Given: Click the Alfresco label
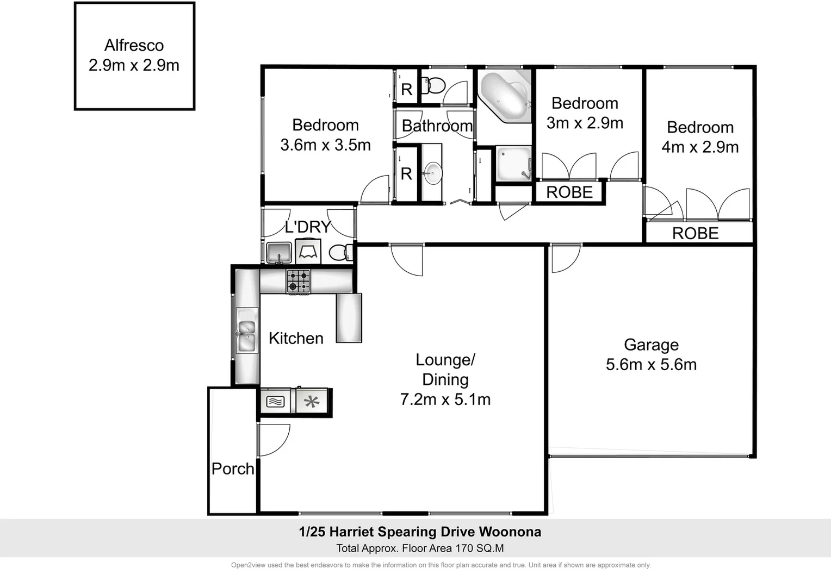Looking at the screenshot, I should [x=134, y=46].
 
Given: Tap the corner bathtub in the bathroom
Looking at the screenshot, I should [x=504, y=96].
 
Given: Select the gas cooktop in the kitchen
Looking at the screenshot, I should [x=298, y=282].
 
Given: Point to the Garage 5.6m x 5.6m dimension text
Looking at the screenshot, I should [x=651, y=365].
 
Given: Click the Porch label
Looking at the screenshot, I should [x=233, y=469].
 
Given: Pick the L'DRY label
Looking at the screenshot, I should [x=308, y=227].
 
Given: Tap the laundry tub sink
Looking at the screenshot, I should [x=278, y=253].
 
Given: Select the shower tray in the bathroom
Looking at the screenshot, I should [x=513, y=163].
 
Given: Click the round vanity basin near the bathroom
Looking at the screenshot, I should [x=433, y=173].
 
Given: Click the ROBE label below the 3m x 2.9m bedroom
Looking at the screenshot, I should [x=569, y=192].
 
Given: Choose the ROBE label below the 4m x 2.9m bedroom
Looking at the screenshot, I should [x=695, y=233].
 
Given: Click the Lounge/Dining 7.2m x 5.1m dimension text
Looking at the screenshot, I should [x=445, y=399].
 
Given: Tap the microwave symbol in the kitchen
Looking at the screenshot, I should [x=276, y=402].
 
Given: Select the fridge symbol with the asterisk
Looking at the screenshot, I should [x=312, y=402].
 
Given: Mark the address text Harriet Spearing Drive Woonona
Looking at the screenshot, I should [x=420, y=532].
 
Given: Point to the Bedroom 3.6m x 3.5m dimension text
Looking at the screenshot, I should [x=325, y=145].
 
